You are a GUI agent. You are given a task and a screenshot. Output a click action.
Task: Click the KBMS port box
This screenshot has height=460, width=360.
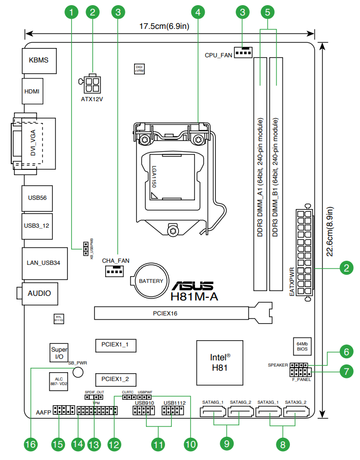pyautogui.click(x=39, y=60)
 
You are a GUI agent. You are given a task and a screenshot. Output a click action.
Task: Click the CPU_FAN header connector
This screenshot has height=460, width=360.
pyautogui.click(x=243, y=52)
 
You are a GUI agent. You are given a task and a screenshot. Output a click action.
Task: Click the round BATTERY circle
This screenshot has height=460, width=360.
pyautogui.click(x=151, y=281)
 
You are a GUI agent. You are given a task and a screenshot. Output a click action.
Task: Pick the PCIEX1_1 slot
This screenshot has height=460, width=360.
pyautogui.click(x=115, y=344)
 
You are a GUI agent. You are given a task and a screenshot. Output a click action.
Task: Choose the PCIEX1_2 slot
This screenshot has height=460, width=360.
pyautogui.click(x=115, y=379)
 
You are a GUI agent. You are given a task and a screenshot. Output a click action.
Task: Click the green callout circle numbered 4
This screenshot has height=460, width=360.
pyautogui.click(x=199, y=10)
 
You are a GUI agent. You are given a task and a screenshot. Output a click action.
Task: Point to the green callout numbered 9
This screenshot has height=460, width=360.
pyautogui.click(x=226, y=443)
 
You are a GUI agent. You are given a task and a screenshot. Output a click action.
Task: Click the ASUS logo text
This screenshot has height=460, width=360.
pyautogui.click(x=192, y=285)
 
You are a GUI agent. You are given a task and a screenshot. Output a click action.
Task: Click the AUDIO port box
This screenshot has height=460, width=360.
pyautogui.click(x=39, y=293)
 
